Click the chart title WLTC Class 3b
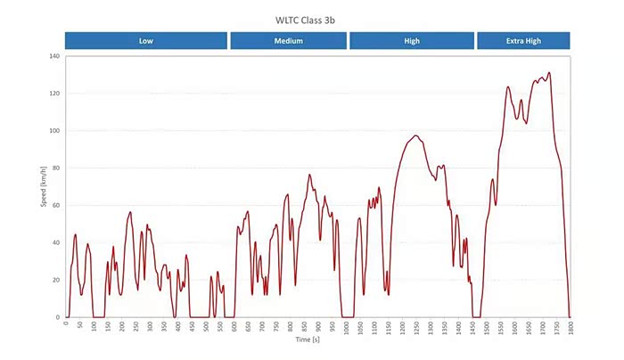(310, 18)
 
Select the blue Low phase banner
(145, 40)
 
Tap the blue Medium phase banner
(289, 40)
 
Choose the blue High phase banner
(412, 40)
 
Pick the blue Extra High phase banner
(523, 40)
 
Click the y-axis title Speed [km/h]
(43, 187)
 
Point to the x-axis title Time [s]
(316, 340)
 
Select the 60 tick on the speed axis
(55, 206)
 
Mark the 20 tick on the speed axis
(55, 280)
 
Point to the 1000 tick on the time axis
(346, 327)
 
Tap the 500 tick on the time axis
(206, 325)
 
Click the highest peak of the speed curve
(549, 73)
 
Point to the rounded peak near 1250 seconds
(415, 135)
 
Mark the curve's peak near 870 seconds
(309, 175)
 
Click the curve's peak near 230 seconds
(130, 212)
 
